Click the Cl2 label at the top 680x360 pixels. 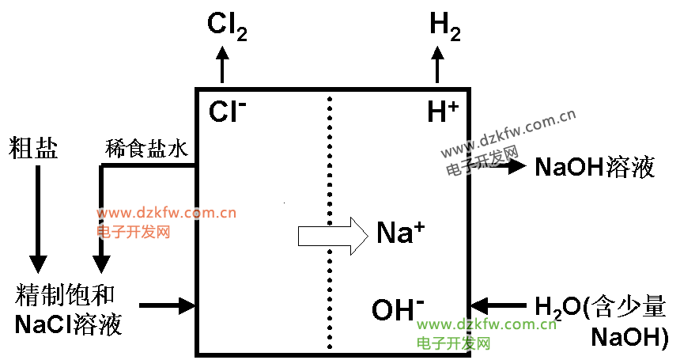pos(227,27)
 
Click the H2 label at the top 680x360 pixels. pos(444,25)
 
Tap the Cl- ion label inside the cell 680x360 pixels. pos(228,112)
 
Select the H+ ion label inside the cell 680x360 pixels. pos(443,112)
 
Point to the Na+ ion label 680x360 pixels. pos(400,233)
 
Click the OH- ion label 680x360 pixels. pos(398,309)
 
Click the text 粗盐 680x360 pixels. pos(34,148)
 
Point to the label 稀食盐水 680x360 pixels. pos(146,148)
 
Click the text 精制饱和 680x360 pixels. pos(66,296)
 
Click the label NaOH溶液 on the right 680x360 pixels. pos(595,167)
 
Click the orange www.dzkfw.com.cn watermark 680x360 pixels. pos(167,213)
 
